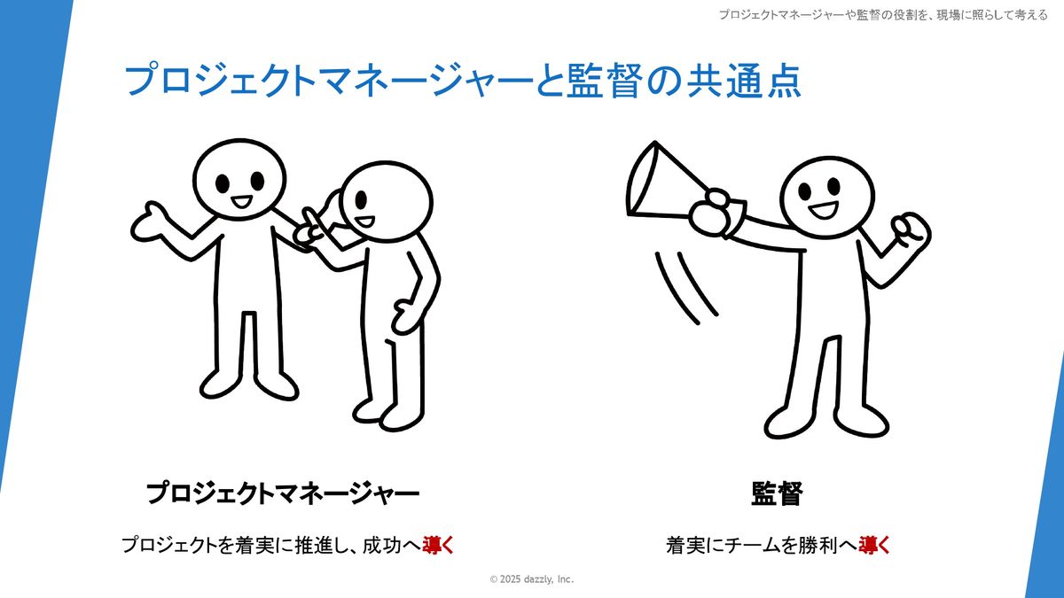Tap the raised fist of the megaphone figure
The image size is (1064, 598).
click(911, 231)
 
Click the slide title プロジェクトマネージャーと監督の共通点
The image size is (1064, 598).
click(463, 81)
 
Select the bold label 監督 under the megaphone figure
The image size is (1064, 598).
click(777, 493)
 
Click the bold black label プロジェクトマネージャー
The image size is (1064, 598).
click(283, 493)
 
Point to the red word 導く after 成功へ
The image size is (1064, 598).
click(438, 546)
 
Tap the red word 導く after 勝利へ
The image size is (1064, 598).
click(874, 546)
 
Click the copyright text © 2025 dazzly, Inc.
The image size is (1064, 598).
click(531, 579)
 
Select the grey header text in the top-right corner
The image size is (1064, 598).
click(883, 15)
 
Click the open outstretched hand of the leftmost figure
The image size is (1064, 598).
click(150, 222)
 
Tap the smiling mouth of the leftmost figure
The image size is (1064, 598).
click(242, 201)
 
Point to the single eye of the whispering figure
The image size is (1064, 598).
click(361, 200)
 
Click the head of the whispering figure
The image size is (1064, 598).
click(387, 202)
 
